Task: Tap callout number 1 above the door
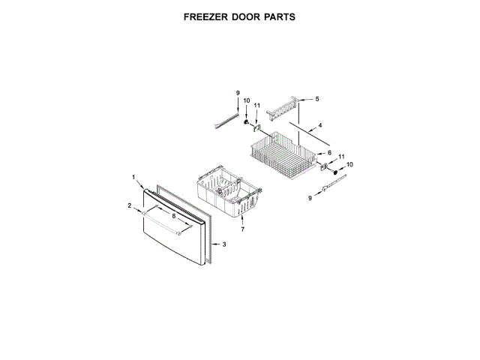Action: tap(133, 178)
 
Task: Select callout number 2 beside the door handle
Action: tap(129, 205)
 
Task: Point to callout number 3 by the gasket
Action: tap(223, 244)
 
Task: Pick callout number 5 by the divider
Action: tap(316, 99)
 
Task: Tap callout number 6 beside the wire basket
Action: tap(328, 153)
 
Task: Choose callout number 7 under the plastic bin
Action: tap(242, 229)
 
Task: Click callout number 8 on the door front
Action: tap(175, 217)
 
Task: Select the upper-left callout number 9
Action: tap(238, 92)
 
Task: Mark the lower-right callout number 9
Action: tap(310, 198)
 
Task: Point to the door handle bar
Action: tap(161, 224)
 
